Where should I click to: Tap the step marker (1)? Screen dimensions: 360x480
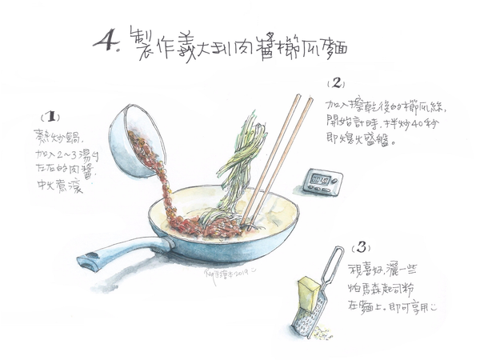tap(50, 115)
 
